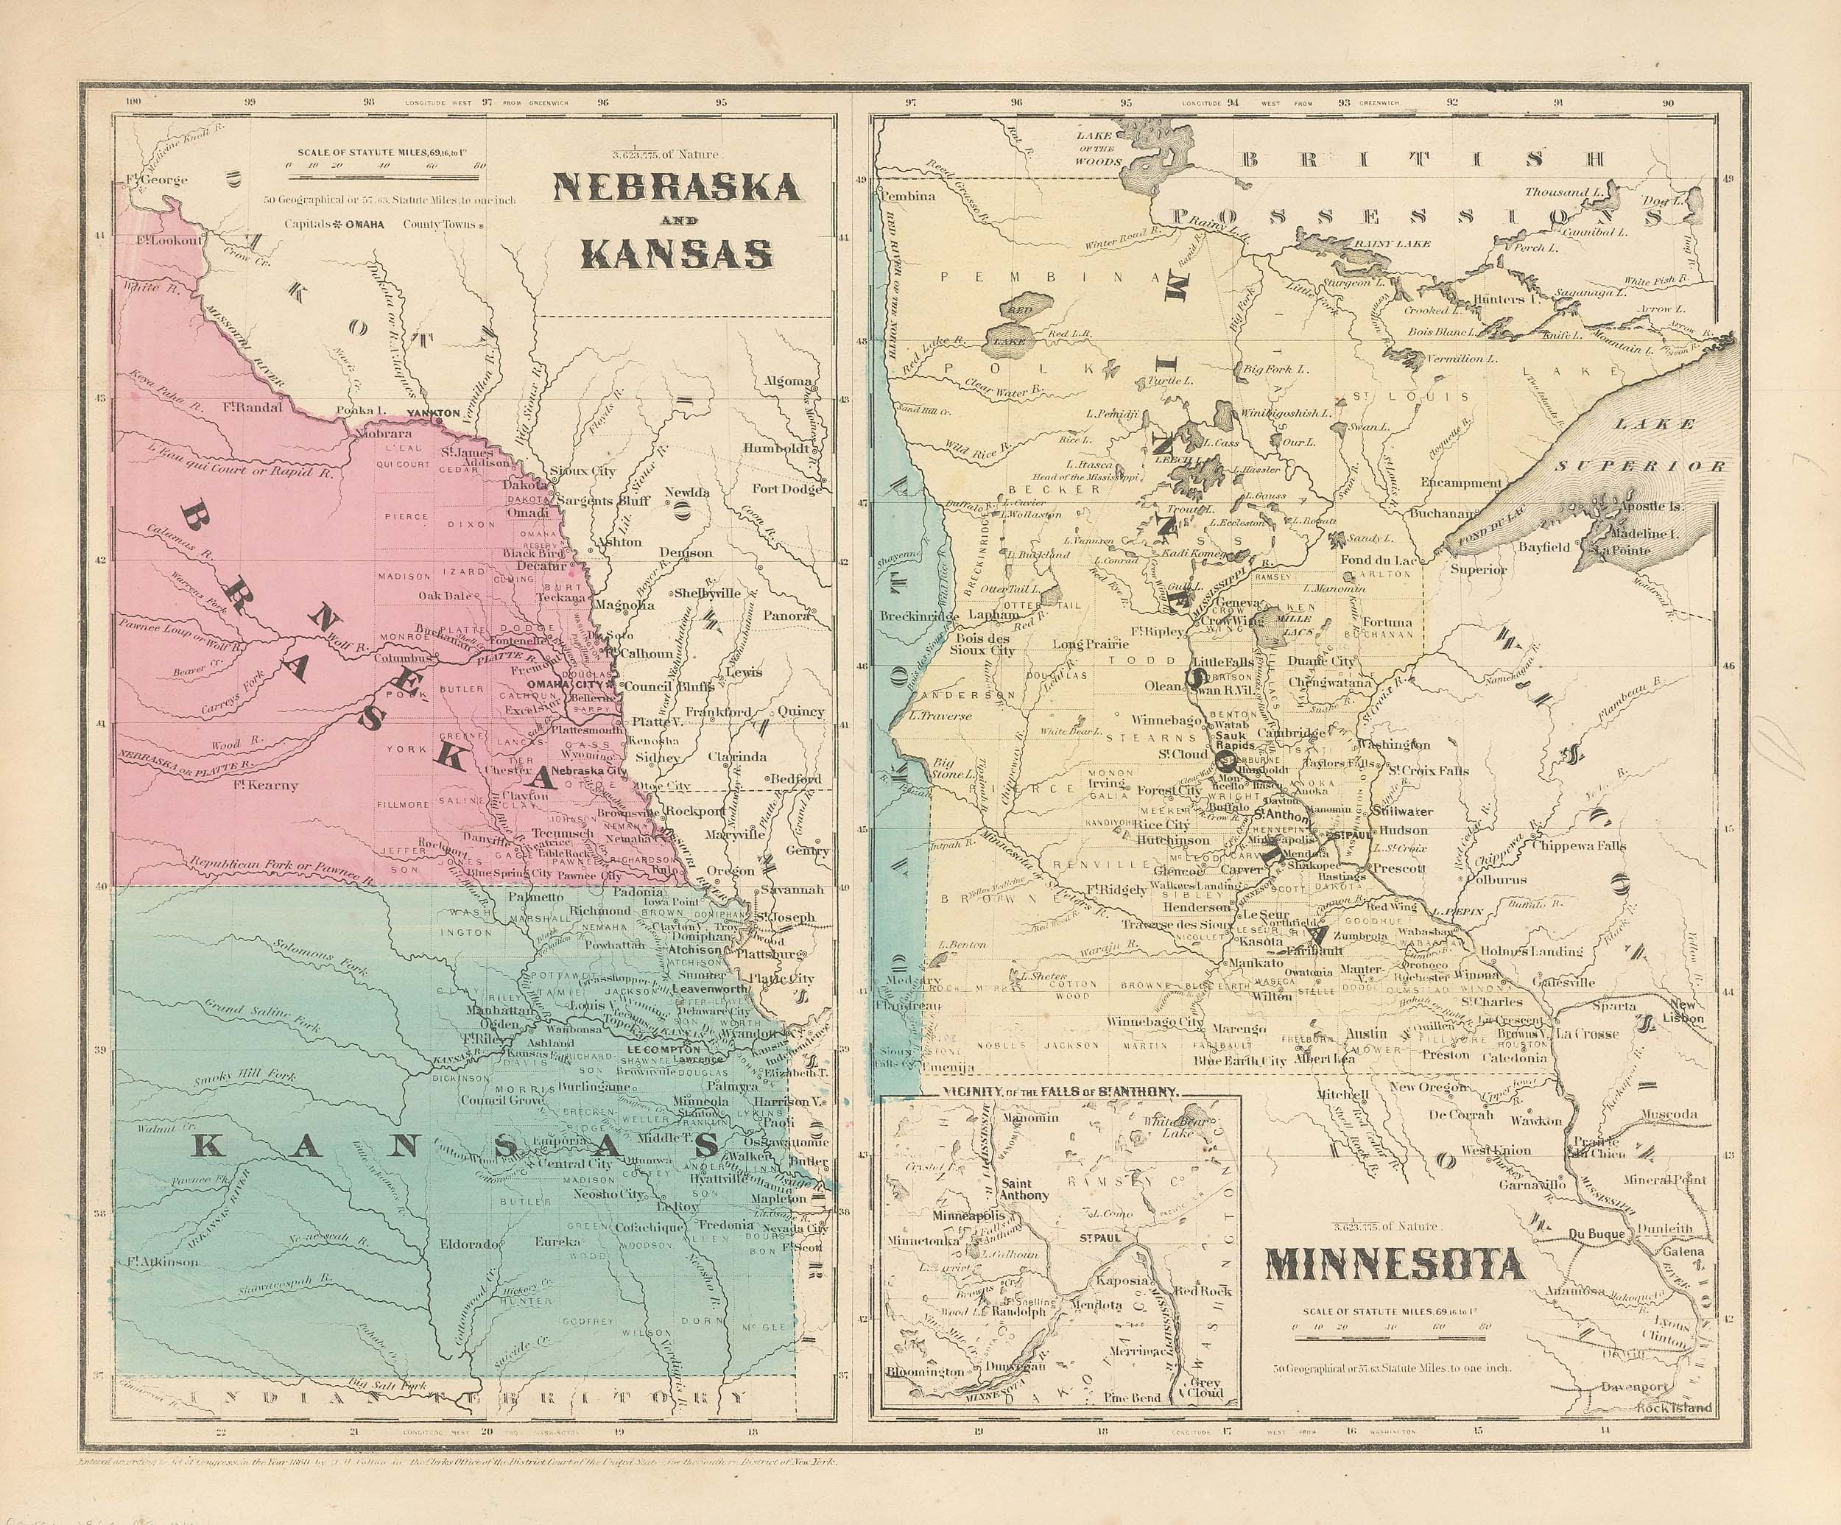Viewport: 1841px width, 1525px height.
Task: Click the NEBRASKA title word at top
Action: [x=675, y=187]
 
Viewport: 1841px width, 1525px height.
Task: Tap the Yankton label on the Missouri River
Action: [x=433, y=412]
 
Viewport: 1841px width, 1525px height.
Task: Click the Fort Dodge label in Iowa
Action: [x=786, y=489]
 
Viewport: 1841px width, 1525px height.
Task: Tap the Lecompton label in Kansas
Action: [x=663, y=1049]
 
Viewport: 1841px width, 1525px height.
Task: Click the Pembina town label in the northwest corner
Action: [x=909, y=195]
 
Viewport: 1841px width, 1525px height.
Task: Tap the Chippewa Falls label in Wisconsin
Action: [x=1578, y=846]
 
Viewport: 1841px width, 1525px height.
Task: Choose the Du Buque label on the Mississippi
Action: [x=1596, y=1234]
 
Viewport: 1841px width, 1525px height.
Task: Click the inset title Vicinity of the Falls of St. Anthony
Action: [x=1059, y=1092]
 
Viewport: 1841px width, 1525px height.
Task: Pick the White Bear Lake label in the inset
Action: [x=1164, y=1126]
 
